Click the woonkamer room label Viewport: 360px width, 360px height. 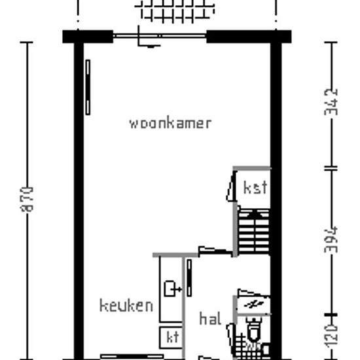tap(170, 123)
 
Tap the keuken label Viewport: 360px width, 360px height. tap(126, 305)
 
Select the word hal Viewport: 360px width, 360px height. tap(210, 319)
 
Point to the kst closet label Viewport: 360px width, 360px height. tap(255, 188)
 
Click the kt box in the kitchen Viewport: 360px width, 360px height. tap(172, 337)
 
